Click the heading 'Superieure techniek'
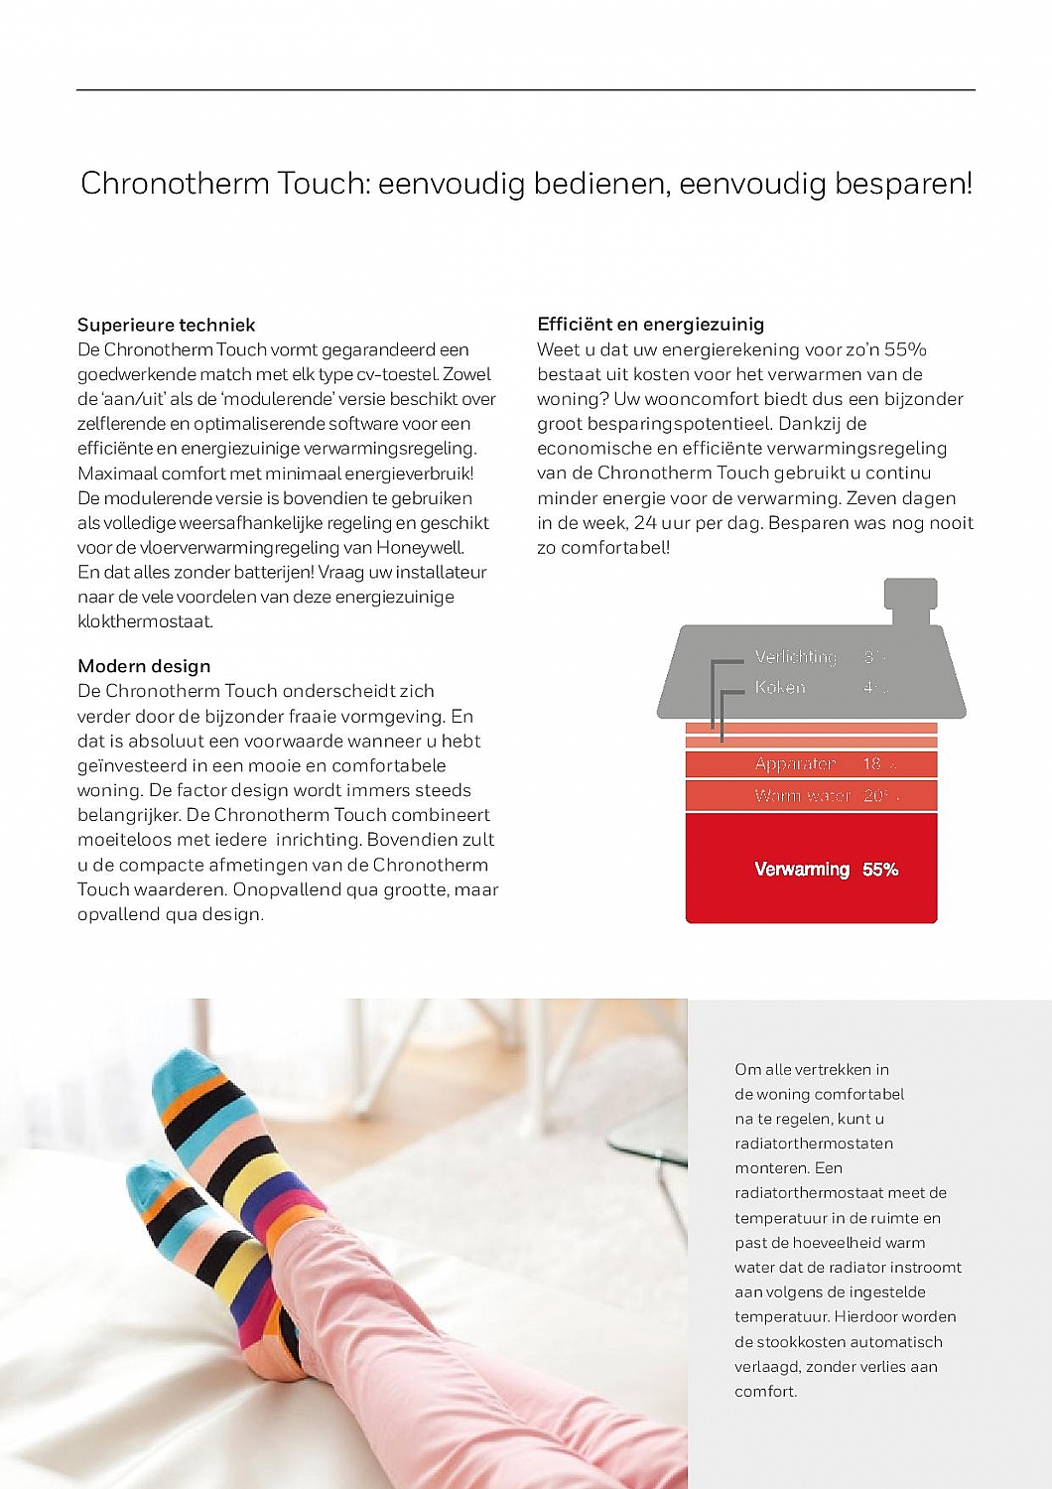[x=166, y=325]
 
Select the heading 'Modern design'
[x=144, y=666]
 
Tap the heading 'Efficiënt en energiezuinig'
[x=650, y=324]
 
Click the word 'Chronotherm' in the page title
[x=175, y=184]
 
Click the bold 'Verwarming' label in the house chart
[x=802, y=870]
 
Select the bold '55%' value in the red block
[x=880, y=870]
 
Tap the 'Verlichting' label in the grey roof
[x=795, y=657]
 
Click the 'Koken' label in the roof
[x=780, y=687]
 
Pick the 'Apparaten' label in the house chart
[x=795, y=764]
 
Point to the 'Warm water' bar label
[x=802, y=796]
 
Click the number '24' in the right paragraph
[x=645, y=523]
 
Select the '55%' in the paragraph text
[x=905, y=349]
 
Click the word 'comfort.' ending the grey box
[x=765, y=1392]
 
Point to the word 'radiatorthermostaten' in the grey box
[x=814, y=1144]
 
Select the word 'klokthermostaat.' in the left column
[x=145, y=622]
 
